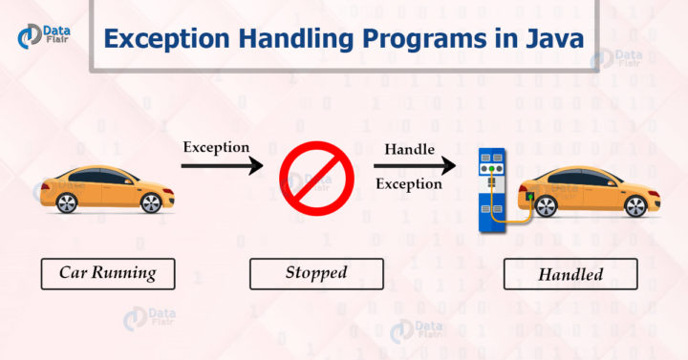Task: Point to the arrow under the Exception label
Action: (x=222, y=166)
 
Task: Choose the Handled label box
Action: (x=570, y=274)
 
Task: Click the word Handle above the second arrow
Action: (x=408, y=150)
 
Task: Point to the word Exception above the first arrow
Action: (x=217, y=148)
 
